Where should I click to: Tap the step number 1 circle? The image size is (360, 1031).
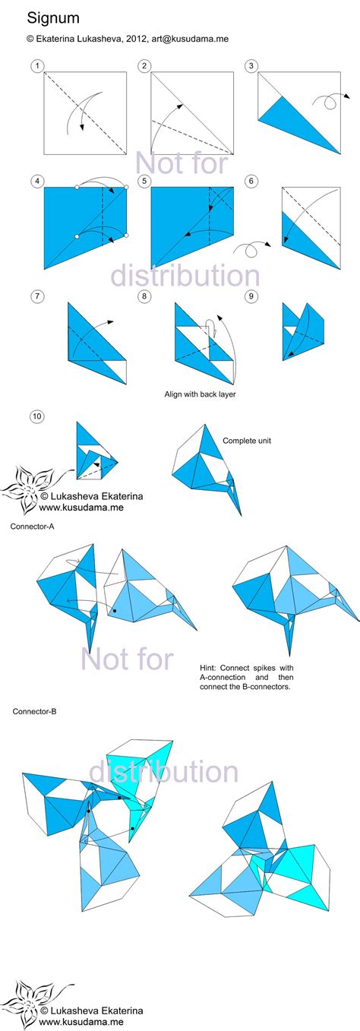36,66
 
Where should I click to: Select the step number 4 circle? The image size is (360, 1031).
36,181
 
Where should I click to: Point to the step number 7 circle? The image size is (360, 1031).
36,296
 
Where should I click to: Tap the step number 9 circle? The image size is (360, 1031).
250,296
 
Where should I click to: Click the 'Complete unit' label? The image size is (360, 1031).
247,440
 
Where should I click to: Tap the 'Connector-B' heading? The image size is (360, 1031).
34,712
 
